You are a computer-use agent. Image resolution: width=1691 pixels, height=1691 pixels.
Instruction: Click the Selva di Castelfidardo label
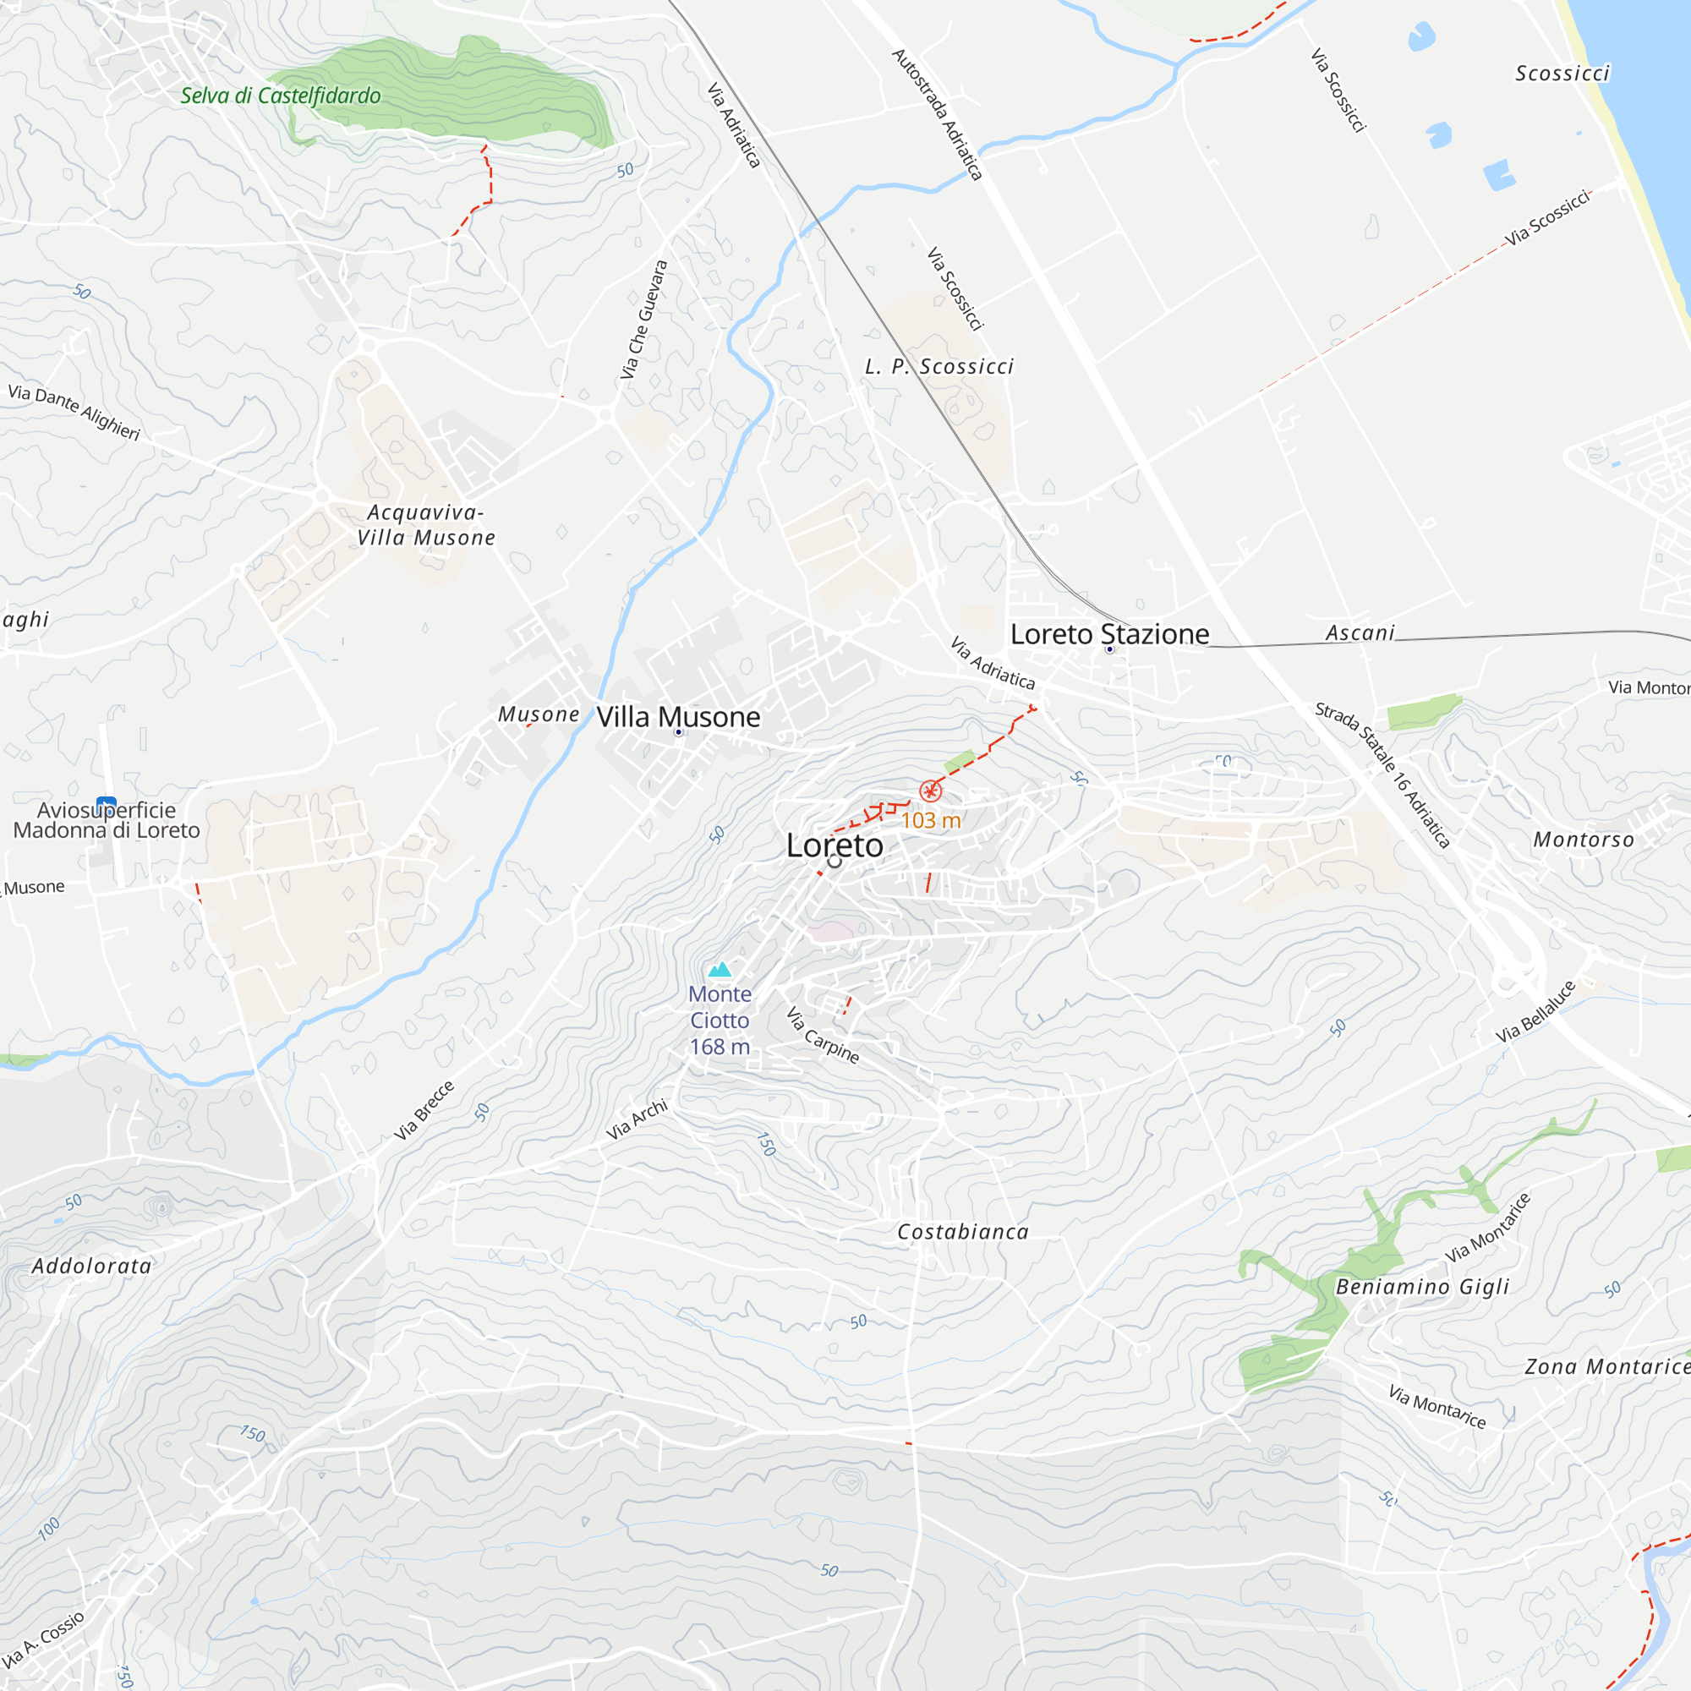point(280,96)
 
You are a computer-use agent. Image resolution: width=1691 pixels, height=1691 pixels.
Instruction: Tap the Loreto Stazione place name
point(1109,633)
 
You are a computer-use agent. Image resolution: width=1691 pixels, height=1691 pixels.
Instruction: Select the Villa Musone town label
point(678,717)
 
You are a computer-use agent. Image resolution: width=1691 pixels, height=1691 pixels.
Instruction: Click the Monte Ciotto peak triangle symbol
point(720,969)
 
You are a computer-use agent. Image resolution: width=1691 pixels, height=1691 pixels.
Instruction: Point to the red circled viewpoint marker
point(930,791)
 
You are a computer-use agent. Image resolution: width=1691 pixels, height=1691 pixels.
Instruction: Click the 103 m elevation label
point(930,820)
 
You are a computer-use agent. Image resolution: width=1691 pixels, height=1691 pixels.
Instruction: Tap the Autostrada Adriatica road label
point(938,115)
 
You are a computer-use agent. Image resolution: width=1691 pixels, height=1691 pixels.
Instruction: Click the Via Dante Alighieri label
point(74,412)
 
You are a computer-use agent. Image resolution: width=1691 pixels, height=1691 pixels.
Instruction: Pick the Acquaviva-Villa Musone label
point(426,525)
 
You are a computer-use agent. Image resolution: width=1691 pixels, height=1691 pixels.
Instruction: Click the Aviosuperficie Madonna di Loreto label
point(107,820)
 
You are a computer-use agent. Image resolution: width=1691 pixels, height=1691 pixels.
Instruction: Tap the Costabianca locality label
point(963,1232)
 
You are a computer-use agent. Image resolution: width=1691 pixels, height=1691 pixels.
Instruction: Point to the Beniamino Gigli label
point(1422,1287)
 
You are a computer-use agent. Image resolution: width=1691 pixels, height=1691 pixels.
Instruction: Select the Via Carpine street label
point(822,1035)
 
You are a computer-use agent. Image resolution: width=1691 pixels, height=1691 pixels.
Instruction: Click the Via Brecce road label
point(424,1110)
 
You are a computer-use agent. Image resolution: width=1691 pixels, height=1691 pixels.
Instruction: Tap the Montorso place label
point(1584,840)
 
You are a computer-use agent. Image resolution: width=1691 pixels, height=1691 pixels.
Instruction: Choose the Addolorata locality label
point(92,1266)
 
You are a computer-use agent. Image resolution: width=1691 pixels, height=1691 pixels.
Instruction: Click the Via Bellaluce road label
point(1535,1012)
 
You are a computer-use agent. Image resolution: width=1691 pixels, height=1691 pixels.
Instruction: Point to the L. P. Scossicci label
point(939,367)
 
